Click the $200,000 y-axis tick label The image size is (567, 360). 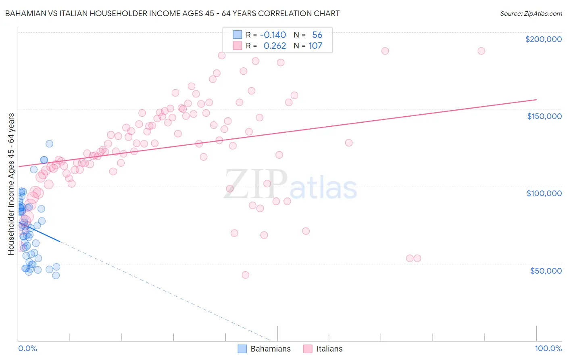(543, 39)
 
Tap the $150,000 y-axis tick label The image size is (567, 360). (544, 116)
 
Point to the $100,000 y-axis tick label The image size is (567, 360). (544, 193)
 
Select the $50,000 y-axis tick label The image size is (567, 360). (546, 271)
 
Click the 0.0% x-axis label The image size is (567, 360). (27, 348)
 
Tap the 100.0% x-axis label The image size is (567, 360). (548, 348)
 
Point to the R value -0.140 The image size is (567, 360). (273, 35)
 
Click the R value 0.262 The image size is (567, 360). (275, 46)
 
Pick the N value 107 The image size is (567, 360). (315, 46)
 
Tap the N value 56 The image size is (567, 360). (317, 35)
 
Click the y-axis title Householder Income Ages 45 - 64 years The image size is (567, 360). (11, 184)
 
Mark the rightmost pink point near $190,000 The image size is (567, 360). (481, 51)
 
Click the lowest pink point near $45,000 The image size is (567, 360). (245, 275)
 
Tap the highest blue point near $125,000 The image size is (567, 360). (49, 144)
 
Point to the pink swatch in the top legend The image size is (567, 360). (237, 46)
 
